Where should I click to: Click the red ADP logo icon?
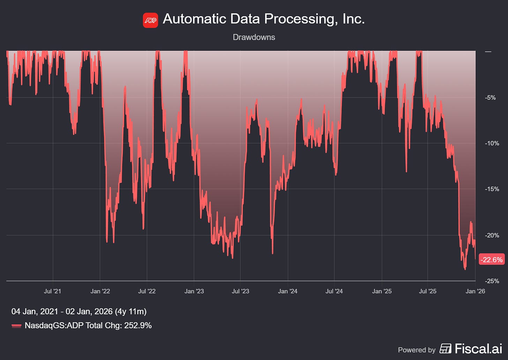[150, 20]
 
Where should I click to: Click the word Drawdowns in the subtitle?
[254, 37]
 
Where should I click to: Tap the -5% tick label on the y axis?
[491, 98]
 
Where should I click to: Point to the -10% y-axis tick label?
[492, 143]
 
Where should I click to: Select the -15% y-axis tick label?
[492, 189]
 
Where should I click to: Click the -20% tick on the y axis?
[492, 235]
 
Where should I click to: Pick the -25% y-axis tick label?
[492, 281]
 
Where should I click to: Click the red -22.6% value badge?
[492, 260]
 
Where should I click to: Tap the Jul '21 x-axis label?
[52, 291]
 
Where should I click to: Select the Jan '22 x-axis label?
[100, 291]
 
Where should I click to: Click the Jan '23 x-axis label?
[194, 291]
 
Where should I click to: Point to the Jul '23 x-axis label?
[240, 291]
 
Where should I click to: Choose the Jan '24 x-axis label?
[287, 291]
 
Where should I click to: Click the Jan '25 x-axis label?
[382, 291]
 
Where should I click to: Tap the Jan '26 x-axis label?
[475, 291]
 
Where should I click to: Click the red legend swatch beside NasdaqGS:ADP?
[16, 326]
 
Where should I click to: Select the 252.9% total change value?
[138, 326]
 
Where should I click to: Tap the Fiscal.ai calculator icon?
[445, 348]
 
